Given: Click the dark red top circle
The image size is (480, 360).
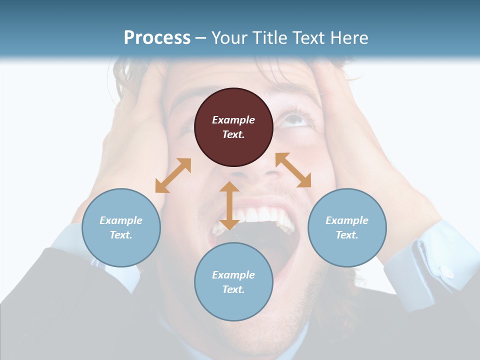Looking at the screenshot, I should point(233,127).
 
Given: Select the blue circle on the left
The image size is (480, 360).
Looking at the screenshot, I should point(121,227).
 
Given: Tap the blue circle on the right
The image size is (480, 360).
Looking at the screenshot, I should point(347,227).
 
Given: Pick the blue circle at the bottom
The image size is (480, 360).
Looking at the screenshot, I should point(233,281).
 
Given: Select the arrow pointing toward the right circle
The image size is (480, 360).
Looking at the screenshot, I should point(293,170).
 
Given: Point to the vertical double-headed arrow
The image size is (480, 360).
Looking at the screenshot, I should point(229,205).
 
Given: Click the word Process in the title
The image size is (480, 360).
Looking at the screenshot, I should point(157,37).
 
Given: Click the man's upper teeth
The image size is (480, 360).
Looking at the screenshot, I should point(260,216).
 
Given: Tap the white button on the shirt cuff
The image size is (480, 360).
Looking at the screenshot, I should point(447,272).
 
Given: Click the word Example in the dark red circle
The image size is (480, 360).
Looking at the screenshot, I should point(233,120).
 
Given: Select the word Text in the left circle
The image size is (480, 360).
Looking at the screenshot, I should point(121,235).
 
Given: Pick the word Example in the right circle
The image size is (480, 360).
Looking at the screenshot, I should point(347,220).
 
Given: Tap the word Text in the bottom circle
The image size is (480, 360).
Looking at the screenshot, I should point(233,289).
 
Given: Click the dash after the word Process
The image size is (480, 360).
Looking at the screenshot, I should point(201,38).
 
